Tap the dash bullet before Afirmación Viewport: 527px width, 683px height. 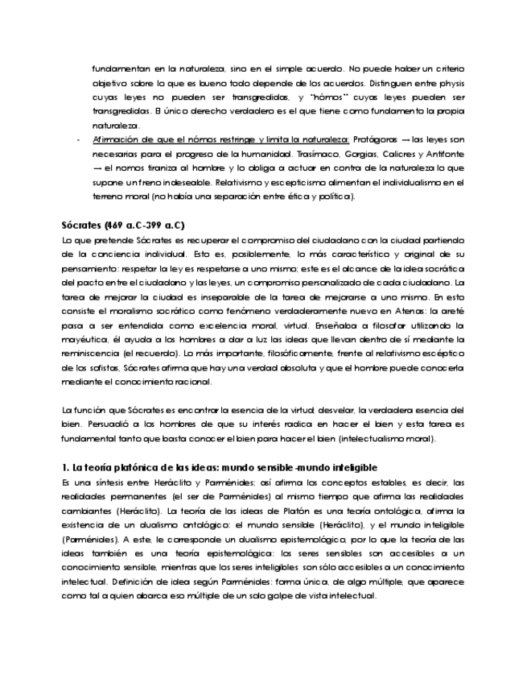77,139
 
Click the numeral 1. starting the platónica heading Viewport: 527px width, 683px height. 66,468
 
